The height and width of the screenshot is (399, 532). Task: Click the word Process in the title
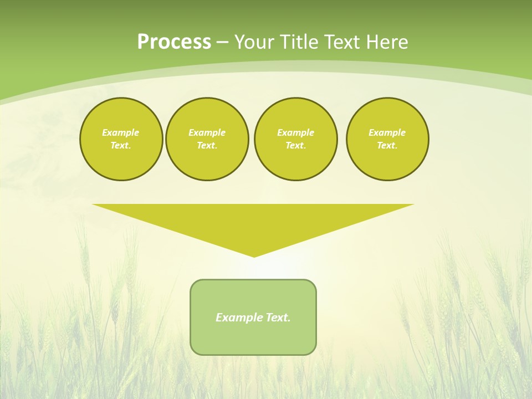[174, 42]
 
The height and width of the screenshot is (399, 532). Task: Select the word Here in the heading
[386, 42]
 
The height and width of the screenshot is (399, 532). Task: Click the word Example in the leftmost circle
[121, 132]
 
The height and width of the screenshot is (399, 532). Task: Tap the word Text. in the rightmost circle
[387, 145]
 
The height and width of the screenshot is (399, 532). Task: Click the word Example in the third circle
[295, 132]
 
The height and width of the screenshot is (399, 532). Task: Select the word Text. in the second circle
[207, 145]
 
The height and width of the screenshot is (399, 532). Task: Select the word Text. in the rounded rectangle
[278, 318]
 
